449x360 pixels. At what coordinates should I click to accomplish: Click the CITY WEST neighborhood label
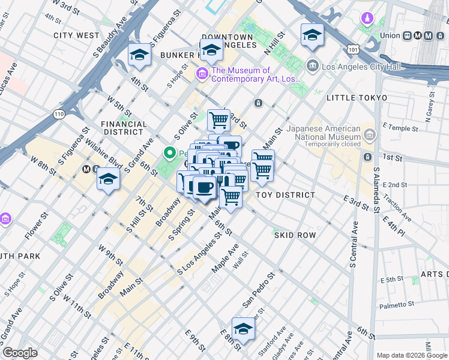pos(76,35)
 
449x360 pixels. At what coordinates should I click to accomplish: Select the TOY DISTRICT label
pos(285,195)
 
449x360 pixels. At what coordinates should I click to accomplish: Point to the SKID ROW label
pos(295,235)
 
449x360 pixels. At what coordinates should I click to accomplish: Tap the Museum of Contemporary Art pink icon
pos(202,74)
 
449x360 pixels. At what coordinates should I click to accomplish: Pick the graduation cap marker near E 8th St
pos(243,329)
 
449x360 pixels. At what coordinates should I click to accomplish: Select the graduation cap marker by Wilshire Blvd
pos(108,180)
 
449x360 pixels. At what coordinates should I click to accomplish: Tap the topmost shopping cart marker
pos(218,120)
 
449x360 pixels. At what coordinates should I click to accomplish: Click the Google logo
pos(20,353)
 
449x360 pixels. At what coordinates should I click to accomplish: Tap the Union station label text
pos(390,35)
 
